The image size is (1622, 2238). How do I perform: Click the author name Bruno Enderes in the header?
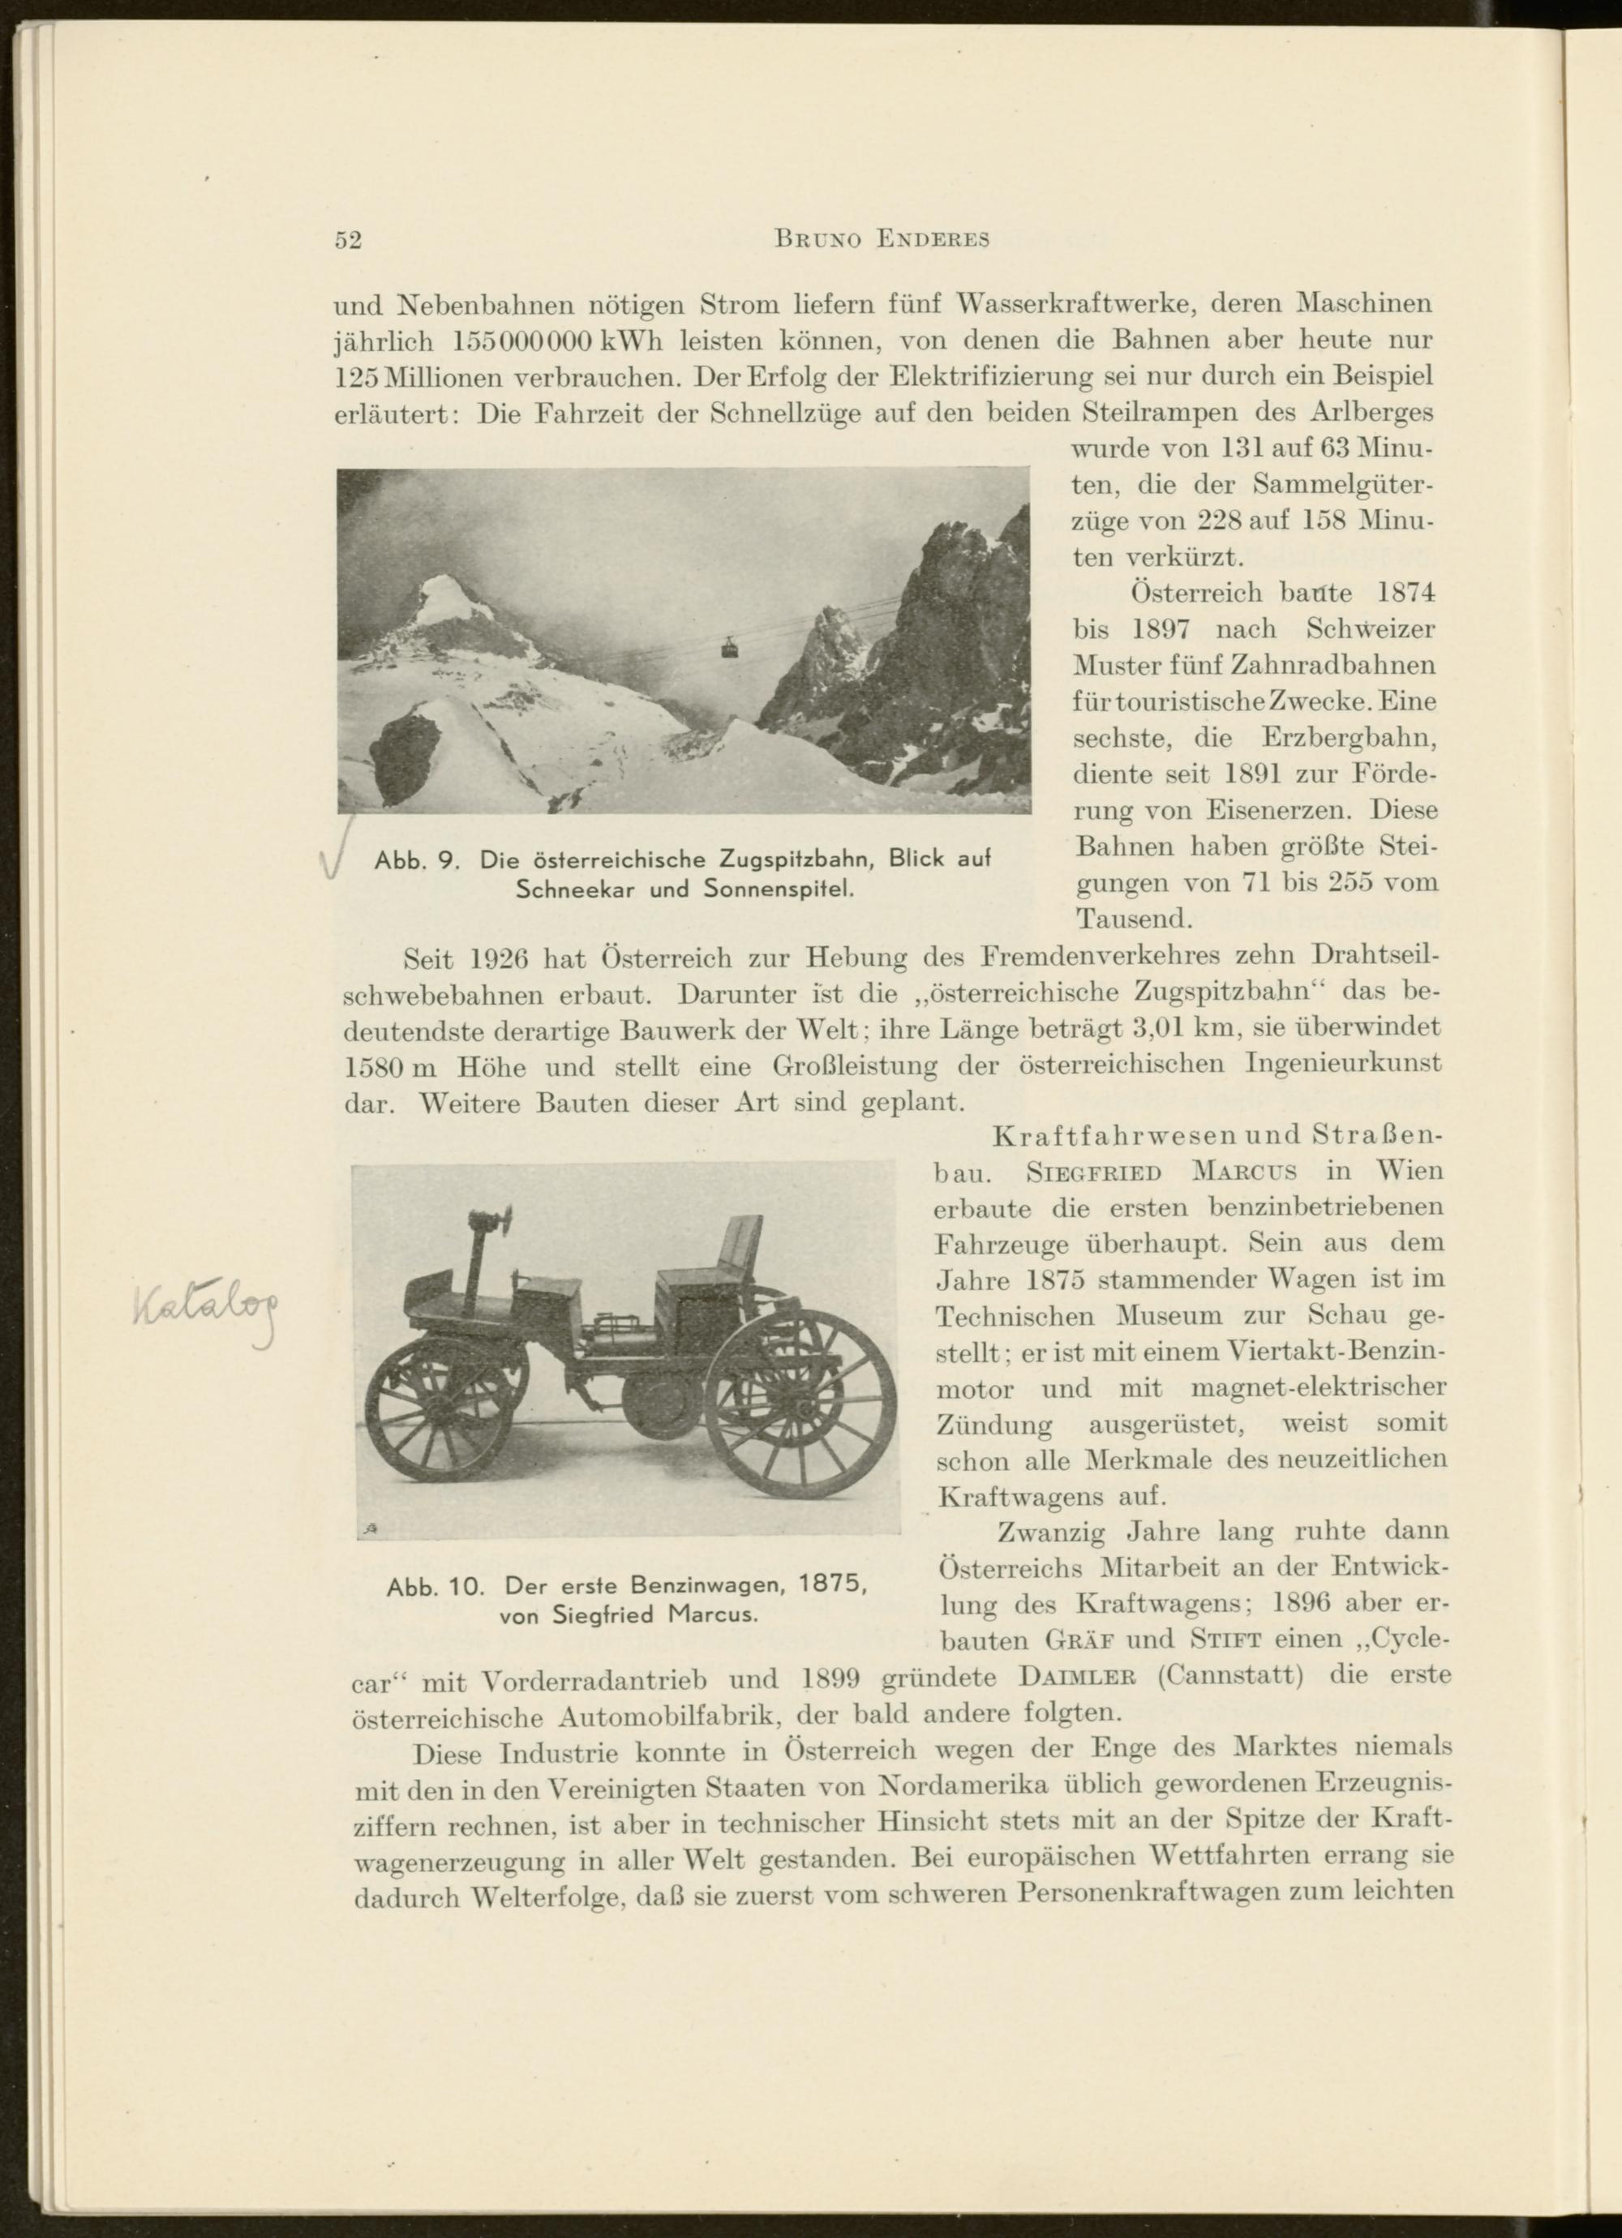click(x=882, y=240)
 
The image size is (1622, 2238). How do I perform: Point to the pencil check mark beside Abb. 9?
click(x=340, y=850)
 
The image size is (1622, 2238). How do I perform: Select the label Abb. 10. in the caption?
click(x=436, y=1588)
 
